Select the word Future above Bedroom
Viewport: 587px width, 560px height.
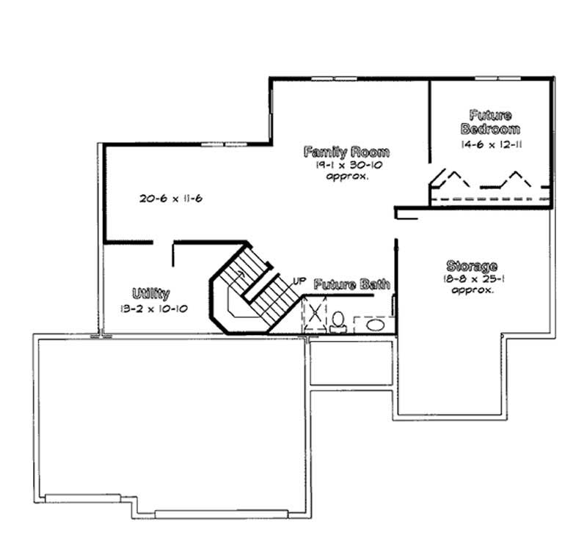490,115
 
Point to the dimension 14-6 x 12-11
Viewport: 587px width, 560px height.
491,144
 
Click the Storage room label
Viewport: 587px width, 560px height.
472,266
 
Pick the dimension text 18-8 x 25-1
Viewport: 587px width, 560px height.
472,279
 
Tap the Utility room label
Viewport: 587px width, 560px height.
151,294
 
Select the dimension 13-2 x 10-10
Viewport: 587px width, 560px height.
153,309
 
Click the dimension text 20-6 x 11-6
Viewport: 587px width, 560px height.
170,198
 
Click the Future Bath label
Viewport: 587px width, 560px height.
351,284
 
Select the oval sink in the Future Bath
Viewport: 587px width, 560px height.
374,325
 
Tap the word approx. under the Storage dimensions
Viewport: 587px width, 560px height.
472,290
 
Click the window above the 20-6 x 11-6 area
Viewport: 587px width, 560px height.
222,144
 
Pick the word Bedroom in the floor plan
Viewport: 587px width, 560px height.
490,129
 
